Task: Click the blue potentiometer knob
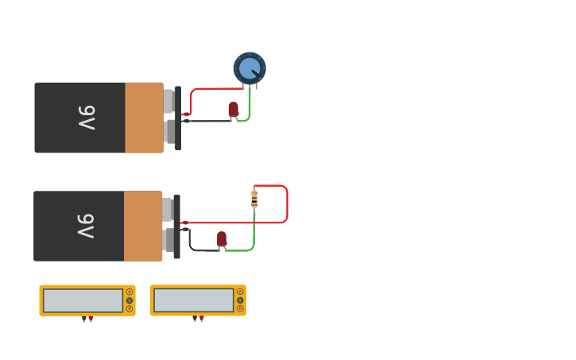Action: click(x=249, y=68)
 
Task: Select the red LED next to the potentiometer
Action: click(x=233, y=109)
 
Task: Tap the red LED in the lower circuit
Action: click(x=222, y=238)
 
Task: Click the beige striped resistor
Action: click(x=254, y=199)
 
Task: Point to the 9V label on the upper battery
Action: click(x=87, y=118)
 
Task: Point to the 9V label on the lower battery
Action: click(x=86, y=226)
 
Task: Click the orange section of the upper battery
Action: click(x=144, y=118)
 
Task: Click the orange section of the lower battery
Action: click(x=143, y=226)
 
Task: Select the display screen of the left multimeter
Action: click(x=83, y=300)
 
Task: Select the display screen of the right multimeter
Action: click(x=193, y=300)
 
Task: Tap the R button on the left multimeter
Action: click(x=130, y=308)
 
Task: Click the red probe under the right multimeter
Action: click(x=202, y=319)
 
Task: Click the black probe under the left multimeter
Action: click(x=84, y=319)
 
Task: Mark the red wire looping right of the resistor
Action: click(x=287, y=204)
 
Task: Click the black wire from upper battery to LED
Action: click(x=211, y=121)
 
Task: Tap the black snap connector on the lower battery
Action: click(x=176, y=226)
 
